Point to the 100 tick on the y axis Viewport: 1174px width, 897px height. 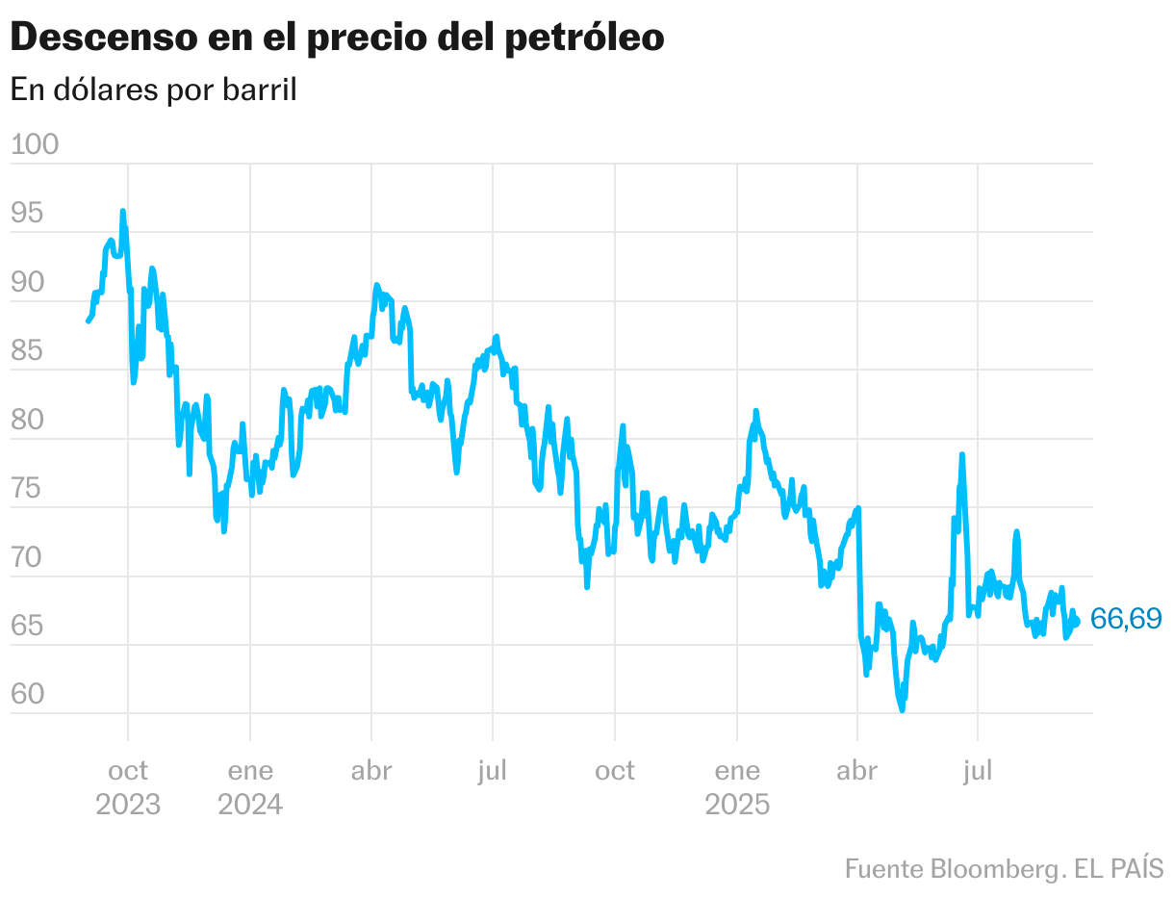35,144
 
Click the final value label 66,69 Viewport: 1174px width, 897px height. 1126,619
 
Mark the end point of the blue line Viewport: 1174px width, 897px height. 1077,622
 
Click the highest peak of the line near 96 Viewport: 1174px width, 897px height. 122,211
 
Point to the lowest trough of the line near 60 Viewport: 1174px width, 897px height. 902,710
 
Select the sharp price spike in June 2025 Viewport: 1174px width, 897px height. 961,454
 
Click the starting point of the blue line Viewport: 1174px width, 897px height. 88,320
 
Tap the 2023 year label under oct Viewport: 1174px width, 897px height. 127,805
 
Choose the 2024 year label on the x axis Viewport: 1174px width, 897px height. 250,805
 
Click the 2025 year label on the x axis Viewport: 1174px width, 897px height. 737,805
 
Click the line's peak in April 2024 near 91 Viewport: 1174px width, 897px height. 376,285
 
